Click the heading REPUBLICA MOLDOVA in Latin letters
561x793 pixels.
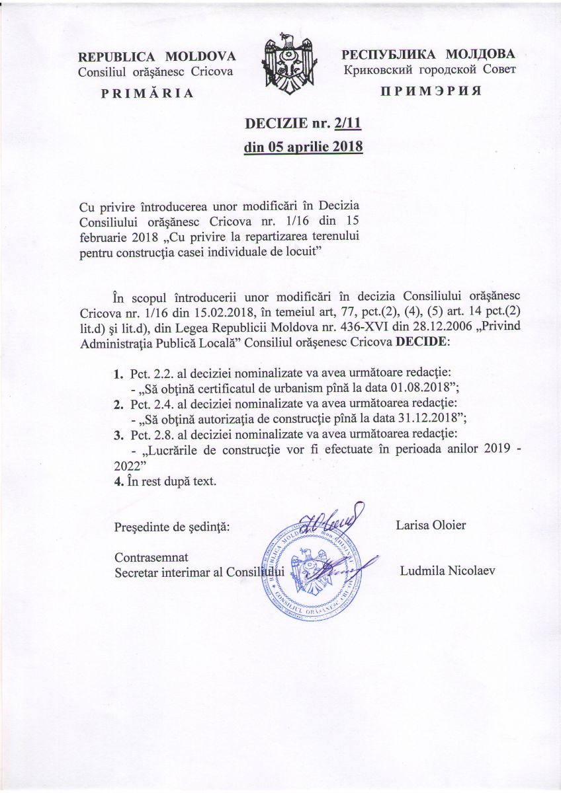157,56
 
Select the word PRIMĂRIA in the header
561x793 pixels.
147,93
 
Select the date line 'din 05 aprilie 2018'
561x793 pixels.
304,147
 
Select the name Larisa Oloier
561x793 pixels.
431,526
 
